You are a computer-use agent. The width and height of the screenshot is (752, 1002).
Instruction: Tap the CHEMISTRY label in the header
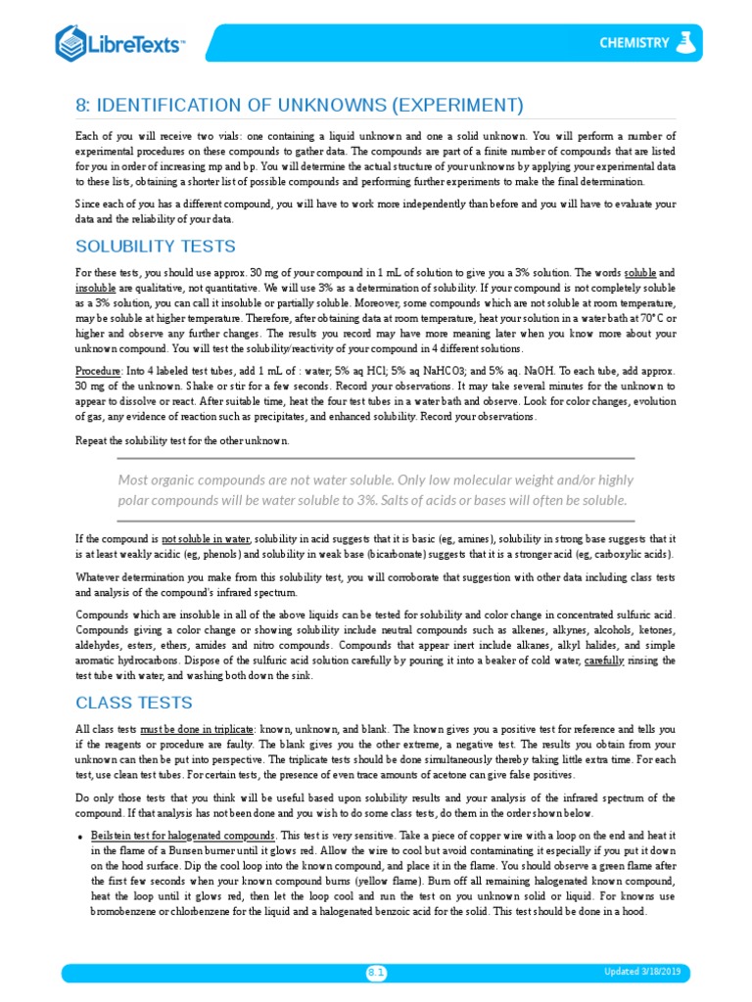634,42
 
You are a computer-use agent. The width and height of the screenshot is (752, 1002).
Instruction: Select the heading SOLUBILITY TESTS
156,245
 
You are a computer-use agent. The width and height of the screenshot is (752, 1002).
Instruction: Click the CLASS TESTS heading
134,703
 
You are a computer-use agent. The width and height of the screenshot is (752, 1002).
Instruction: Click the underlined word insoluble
96,290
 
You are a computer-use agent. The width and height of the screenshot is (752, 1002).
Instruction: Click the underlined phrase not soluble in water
206,539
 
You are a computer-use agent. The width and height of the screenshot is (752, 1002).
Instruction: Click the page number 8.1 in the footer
376,972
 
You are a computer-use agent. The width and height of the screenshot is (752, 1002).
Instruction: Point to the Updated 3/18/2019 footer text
642,971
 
